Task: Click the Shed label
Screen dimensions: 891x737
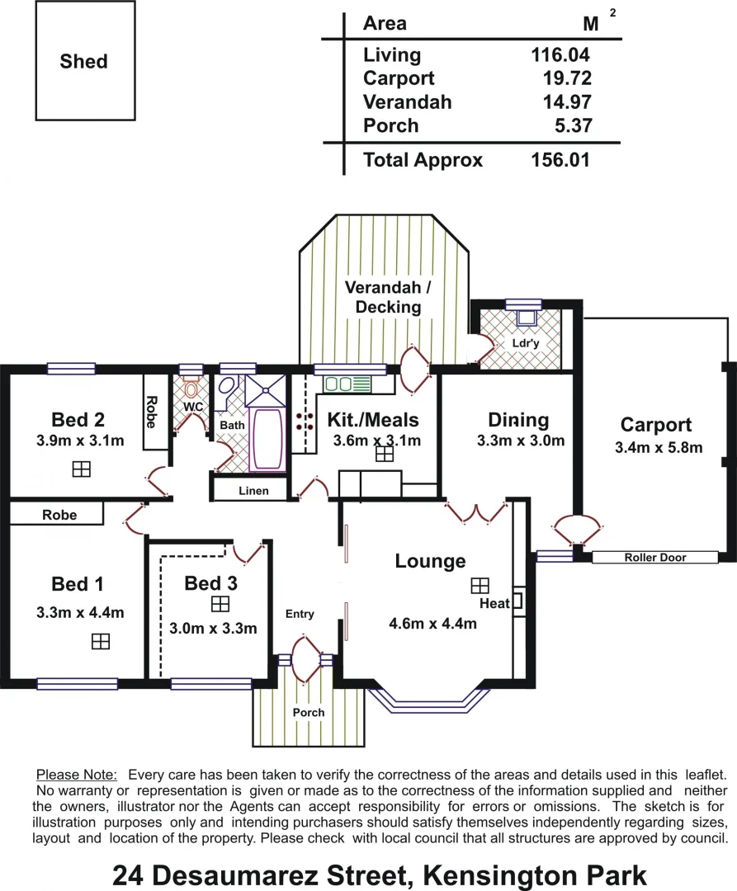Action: tap(84, 62)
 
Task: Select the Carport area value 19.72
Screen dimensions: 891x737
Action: tap(561, 79)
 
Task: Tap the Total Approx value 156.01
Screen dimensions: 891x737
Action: tap(560, 160)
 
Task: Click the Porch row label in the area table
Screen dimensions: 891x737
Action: tap(390, 126)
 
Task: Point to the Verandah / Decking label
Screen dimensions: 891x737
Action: tap(388, 297)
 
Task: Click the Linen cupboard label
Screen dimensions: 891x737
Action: tap(253, 491)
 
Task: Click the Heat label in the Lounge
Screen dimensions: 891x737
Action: tap(494, 603)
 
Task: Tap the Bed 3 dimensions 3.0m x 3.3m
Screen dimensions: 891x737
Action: tap(213, 628)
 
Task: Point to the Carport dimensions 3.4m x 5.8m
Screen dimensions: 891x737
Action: tap(659, 448)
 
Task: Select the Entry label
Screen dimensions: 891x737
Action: tap(300, 614)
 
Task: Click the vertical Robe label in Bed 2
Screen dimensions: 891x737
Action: tap(151, 411)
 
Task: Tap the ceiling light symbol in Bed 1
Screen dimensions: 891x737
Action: tap(100, 641)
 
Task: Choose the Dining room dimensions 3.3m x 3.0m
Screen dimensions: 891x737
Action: tap(521, 441)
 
